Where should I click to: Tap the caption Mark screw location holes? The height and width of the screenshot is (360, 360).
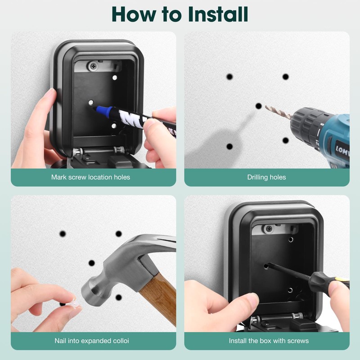[x=90, y=177]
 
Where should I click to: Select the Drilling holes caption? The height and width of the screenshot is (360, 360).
[x=266, y=177]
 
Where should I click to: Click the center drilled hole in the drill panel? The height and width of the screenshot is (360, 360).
[x=259, y=106]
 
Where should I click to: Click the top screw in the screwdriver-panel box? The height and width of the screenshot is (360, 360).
[x=269, y=229]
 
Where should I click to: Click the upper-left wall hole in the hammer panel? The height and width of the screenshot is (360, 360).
[x=63, y=234]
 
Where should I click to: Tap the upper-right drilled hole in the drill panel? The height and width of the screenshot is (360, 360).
[x=285, y=77]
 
